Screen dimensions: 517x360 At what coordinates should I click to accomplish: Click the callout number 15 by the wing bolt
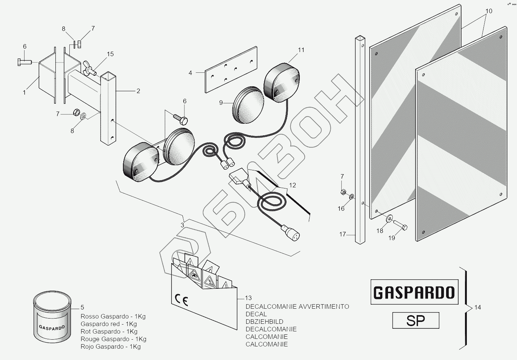click(x=110, y=54)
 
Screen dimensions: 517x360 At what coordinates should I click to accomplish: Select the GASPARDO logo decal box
click(x=414, y=292)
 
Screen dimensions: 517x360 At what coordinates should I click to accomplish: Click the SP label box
click(x=416, y=321)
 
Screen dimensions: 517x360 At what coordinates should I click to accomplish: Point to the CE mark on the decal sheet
click(x=181, y=300)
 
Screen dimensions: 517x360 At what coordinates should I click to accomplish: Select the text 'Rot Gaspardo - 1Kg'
click(x=109, y=332)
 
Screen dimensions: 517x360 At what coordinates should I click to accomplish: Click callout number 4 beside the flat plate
click(x=190, y=72)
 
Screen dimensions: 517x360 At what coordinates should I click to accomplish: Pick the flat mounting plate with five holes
click(x=231, y=70)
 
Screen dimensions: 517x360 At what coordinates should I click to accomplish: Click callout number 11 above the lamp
click(x=301, y=50)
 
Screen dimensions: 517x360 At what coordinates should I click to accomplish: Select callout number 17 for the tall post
click(x=342, y=234)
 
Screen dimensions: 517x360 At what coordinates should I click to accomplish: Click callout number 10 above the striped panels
click(x=489, y=11)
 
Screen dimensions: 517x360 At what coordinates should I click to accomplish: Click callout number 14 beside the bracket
click(x=477, y=308)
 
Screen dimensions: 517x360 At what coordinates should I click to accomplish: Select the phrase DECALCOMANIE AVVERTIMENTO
click(x=297, y=306)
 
